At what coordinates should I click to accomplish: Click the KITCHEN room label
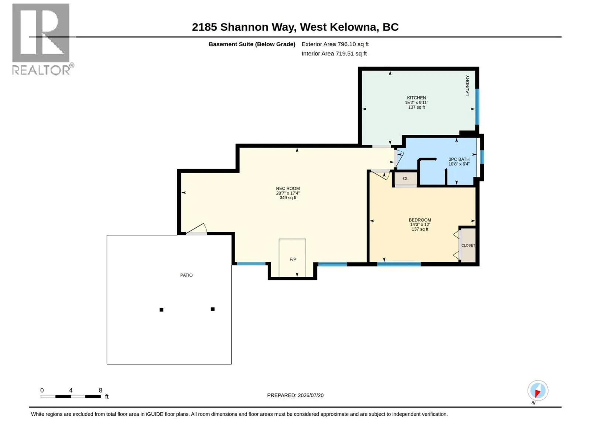pyautogui.click(x=416, y=97)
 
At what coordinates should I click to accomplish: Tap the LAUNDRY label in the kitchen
pyautogui.click(x=467, y=85)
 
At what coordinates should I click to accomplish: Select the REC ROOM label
pyautogui.click(x=287, y=188)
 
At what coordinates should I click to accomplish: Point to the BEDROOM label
pyautogui.click(x=420, y=220)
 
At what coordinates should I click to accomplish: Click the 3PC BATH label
pyautogui.click(x=459, y=159)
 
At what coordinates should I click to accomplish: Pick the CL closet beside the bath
pyautogui.click(x=406, y=179)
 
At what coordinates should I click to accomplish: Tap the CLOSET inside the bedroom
pyautogui.click(x=468, y=245)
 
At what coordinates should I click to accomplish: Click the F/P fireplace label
pyautogui.click(x=293, y=259)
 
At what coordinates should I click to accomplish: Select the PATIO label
pyautogui.click(x=186, y=275)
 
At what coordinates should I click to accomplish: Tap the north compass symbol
pyautogui.click(x=537, y=390)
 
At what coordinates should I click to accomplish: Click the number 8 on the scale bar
pyautogui.click(x=100, y=390)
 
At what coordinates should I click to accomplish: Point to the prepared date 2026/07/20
pyautogui.click(x=310, y=395)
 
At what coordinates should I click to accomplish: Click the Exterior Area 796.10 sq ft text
pyautogui.click(x=335, y=44)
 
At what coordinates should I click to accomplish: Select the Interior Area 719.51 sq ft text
pyautogui.click(x=334, y=54)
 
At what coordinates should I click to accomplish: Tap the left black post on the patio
pyautogui.click(x=161, y=310)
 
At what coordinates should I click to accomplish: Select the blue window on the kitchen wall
pyautogui.click(x=477, y=107)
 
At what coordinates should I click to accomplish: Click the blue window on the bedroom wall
pyautogui.click(x=399, y=264)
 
